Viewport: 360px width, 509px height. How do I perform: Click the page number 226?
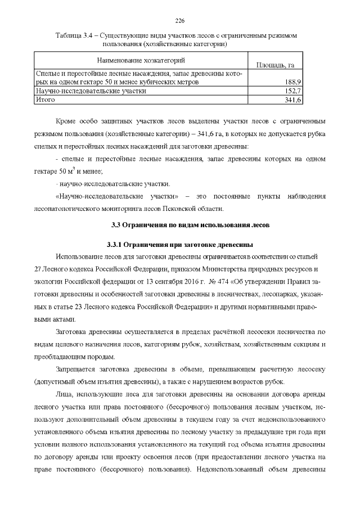click(180, 21)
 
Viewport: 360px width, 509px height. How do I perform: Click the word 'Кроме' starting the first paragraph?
click(67, 121)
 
